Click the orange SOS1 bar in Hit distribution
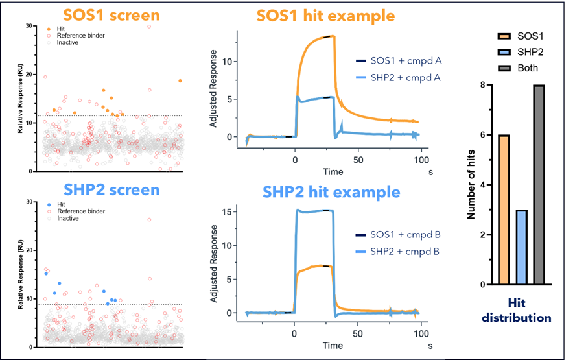click(x=503, y=210)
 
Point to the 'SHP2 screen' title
click(x=111, y=189)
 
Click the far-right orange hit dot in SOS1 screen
click(x=180, y=81)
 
